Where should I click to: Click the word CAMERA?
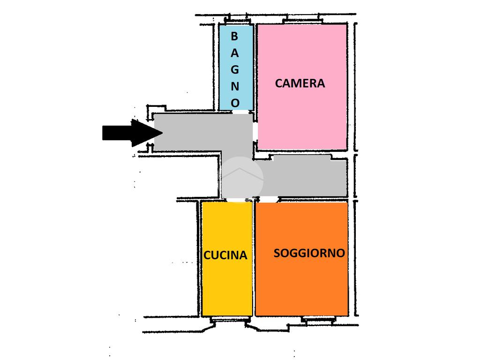(x=300, y=83)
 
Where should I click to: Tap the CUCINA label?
(x=225, y=255)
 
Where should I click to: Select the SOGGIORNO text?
(x=309, y=253)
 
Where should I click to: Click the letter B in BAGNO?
(x=234, y=36)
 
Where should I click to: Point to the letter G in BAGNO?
(x=234, y=69)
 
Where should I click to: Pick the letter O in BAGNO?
(x=235, y=102)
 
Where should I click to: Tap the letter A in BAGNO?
(x=234, y=52)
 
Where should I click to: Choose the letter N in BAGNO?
(x=235, y=86)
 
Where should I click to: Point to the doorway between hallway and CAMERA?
(x=255, y=132)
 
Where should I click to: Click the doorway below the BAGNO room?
(x=240, y=112)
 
